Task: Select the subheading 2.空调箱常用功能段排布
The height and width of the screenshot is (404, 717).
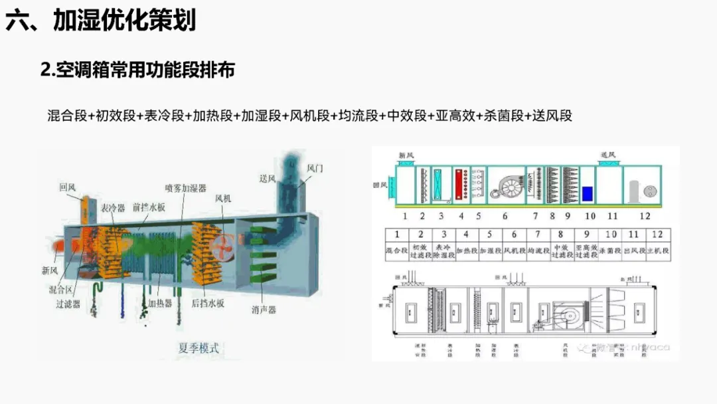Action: pos(137,70)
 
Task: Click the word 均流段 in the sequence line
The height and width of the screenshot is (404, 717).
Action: pos(355,116)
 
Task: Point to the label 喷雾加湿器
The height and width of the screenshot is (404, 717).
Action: pos(186,188)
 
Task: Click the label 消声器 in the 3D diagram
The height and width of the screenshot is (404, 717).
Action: pos(264,310)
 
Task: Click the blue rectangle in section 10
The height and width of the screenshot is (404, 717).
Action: pos(587,194)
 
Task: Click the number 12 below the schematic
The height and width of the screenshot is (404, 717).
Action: pos(645,216)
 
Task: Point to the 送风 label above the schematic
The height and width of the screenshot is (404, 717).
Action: pos(608,155)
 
